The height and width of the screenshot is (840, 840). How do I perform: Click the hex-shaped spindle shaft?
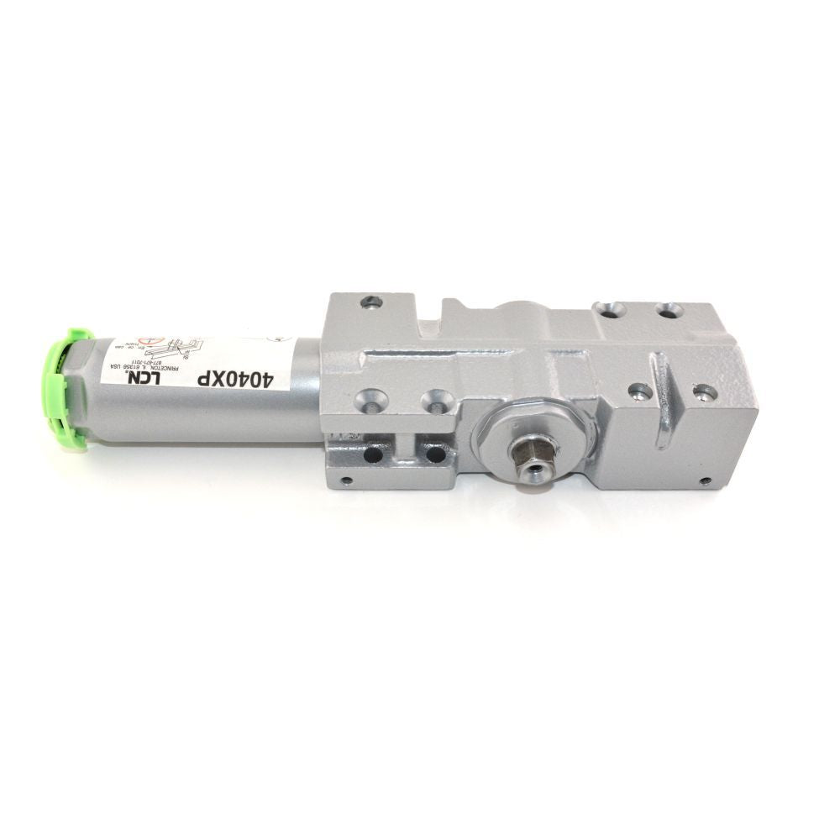tap(531, 458)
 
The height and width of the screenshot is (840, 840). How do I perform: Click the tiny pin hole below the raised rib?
tap(704, 481)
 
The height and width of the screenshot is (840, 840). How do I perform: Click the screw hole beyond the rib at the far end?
tap(704, 392)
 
